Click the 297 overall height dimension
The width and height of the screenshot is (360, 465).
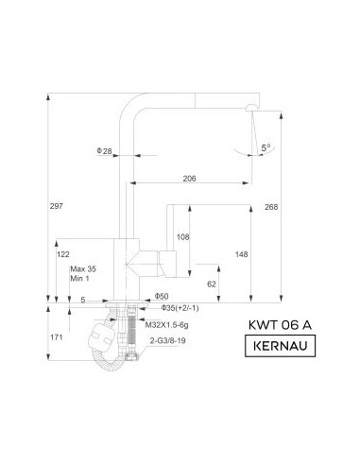coord(57,206)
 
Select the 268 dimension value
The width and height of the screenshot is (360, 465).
coord(271,207)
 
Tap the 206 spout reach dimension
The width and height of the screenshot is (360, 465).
coord(189,179)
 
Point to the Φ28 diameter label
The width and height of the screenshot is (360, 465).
coord(104,151)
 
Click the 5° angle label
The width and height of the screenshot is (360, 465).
coord(266,147)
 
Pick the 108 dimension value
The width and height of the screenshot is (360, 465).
coord(182,237)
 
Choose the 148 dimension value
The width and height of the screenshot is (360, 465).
coord(241,254)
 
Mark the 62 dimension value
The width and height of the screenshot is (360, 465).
coord(212,284)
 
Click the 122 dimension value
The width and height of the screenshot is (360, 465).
coord(63,254)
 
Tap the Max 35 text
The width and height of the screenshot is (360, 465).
coord(83,269)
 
